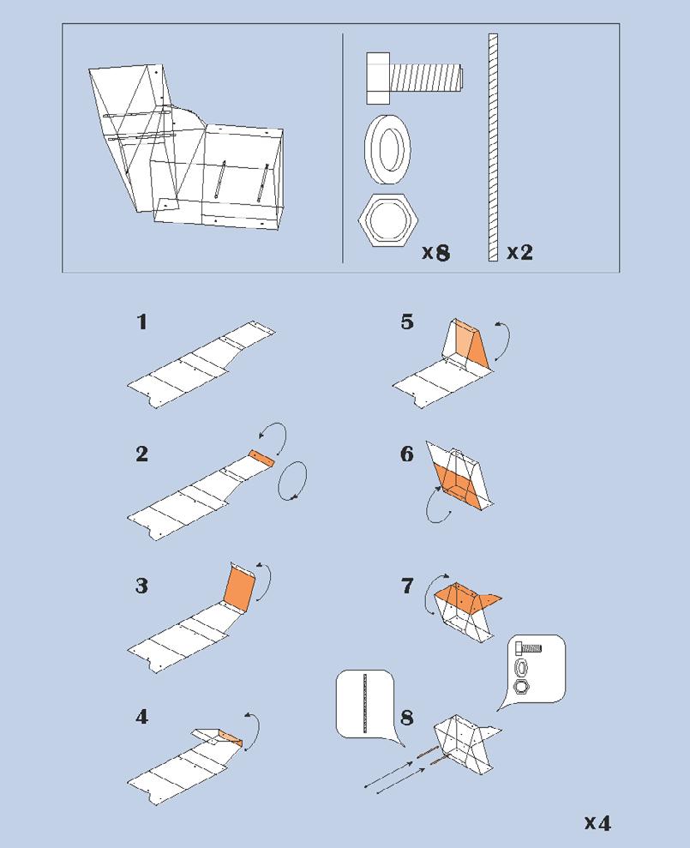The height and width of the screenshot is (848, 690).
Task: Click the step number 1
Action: coord(142,322)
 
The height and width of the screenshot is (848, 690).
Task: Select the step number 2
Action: coord(142,454)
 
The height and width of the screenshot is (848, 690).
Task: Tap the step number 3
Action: coord(142,586)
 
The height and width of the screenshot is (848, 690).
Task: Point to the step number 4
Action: coord(142,716)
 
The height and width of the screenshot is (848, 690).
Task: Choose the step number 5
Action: coord(407,322)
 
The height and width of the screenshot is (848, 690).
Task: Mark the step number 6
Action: coord(407,454)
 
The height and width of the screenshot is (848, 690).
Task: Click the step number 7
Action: coord(407,586)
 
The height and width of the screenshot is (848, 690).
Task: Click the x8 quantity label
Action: coord(435,253)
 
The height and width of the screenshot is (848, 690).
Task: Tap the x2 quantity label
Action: coord(519,253)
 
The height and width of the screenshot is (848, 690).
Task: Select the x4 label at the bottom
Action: coord(597,823)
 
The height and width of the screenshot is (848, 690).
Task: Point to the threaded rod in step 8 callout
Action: coord(366,703)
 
